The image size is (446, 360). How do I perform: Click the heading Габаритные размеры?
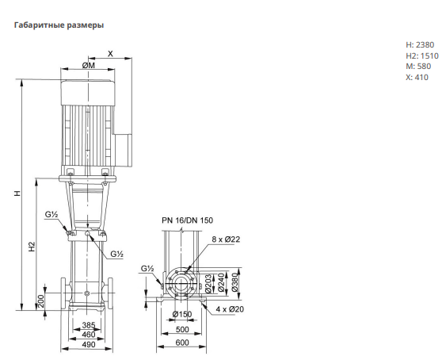pos(59,25)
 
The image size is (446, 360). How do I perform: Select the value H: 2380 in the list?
pos(420,44)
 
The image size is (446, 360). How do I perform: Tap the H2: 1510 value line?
pos(422,56)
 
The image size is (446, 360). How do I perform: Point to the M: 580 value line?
pos(418,67)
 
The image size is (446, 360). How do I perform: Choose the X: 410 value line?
pos(417,77)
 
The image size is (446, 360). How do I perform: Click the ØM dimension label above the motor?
pos(89,65)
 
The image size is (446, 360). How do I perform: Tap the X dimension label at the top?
pos(110,54)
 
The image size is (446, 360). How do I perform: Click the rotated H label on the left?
pos(17,193)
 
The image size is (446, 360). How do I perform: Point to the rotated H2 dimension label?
pos(32,247)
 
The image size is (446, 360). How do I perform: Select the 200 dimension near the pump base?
pos(41,301)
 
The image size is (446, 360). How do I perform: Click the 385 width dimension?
pos(89,325)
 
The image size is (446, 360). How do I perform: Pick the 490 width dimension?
pos(89,345)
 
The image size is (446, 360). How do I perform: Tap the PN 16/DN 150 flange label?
pos(187,220)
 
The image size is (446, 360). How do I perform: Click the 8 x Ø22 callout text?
pos(226,239)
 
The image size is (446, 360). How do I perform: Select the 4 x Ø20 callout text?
pos(230,309)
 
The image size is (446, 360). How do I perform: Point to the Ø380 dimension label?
pos(234,282)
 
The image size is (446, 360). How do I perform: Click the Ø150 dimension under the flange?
pos(182,314)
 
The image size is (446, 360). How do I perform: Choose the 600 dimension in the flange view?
pos(182,343)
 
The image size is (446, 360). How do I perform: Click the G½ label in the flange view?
pos(147,268)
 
